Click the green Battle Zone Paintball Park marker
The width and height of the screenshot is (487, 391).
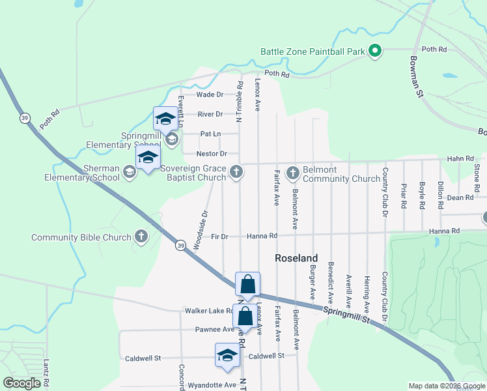(x=374, y=51)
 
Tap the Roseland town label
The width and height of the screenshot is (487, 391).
(x=296, y=258)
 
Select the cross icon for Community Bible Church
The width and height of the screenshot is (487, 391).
(x=141, y=237)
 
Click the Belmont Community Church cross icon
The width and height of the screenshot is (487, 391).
(x=293, y=172)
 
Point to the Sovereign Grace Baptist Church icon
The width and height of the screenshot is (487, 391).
(x=237, y=172)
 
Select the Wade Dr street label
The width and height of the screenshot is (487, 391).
(x=210, y=94)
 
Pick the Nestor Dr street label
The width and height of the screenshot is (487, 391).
(x=212, y=154)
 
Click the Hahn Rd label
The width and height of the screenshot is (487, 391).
(x=460, y=158)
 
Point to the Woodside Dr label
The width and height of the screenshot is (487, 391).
(x=199, y=229)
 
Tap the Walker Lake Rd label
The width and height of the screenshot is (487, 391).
(x=208, y=311)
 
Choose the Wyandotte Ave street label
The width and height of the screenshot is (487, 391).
(x=212, y=385)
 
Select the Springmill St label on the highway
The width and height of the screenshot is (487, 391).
(x=346, y=315)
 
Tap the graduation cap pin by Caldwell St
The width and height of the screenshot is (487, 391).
(x=227, y=355)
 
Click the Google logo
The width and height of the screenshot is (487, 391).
(x=22, y=384)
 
